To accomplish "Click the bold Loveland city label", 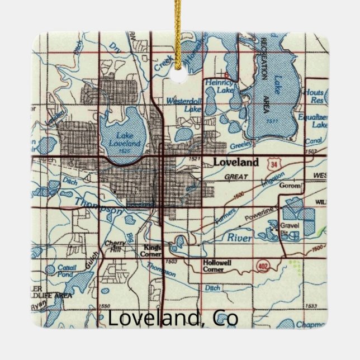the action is point(236,163).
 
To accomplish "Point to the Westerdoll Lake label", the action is point(185,106).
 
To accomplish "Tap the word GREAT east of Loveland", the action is point(235,177).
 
